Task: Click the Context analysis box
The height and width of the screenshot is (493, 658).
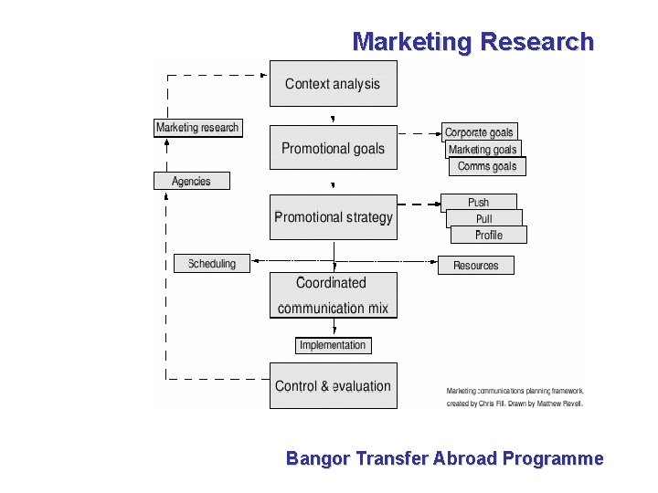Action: pos(333,84)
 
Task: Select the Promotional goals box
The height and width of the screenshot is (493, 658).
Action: pos(333,148)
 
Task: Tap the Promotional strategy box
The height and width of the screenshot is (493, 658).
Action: pos(333,217)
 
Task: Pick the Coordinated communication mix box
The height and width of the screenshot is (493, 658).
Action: pos(333,295)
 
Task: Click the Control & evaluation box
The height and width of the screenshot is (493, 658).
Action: pos(333,386)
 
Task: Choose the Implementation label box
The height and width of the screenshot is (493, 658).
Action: pos(333,345)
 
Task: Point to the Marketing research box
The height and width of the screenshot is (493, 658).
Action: pos(196,128)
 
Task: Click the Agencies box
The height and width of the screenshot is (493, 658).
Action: pos(191,181)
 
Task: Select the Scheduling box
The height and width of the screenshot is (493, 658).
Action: pos(211,264)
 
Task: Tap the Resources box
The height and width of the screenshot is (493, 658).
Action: pos(476,266)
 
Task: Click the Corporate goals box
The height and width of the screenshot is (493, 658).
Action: pos(479,132)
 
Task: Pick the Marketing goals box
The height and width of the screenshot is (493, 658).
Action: pos(483,149)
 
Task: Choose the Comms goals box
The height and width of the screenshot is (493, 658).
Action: pos(487,166)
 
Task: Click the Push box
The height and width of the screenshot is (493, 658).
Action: pos(478,202)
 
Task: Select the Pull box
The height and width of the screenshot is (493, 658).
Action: pos(483,218)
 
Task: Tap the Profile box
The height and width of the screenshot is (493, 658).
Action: pos(489,235)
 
